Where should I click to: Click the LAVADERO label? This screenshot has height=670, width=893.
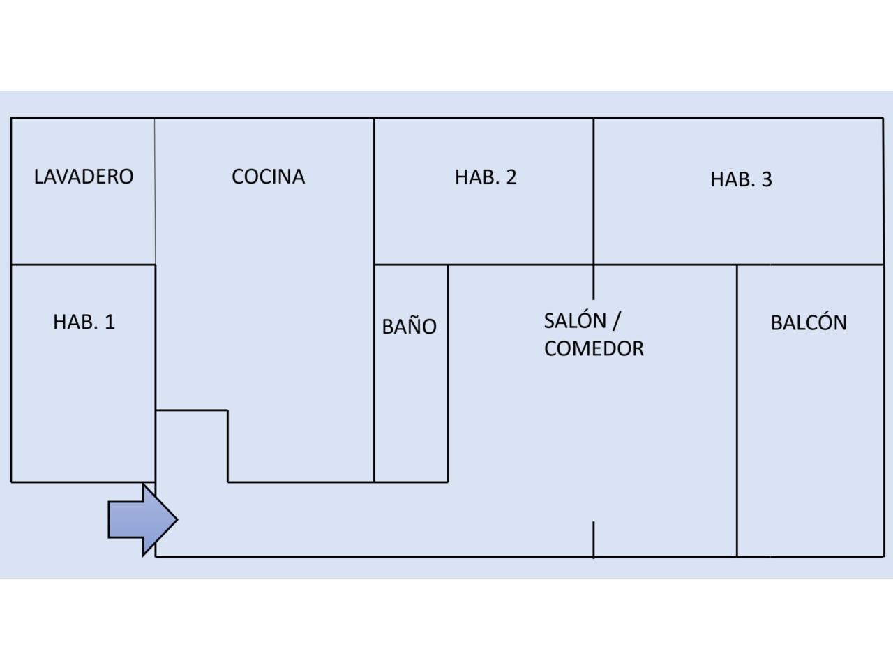click(84, 176)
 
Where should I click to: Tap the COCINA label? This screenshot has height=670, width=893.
click(268, 177)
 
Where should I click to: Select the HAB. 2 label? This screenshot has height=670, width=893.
click(486, 177)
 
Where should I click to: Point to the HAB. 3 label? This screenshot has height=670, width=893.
click(741, 179)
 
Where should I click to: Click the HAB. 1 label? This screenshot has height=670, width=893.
click(84, 322)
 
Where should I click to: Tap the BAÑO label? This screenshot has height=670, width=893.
click(410, 326)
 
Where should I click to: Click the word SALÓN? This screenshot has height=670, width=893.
click(575, 321)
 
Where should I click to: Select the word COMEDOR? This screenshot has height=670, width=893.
click(594, 348)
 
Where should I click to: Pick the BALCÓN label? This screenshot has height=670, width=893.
click(809, 322)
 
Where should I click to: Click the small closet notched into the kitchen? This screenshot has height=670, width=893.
click(192, 445)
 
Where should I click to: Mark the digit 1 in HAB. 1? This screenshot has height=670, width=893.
click(110, 322)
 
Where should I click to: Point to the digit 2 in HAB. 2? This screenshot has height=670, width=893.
click(511, 177)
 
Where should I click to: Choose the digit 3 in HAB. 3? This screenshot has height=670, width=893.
click(767, 180)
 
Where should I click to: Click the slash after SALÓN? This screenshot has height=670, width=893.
click(616, 321)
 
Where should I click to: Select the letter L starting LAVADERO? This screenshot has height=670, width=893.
click(38, 176)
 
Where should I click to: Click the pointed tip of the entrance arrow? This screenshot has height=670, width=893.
click(176, 520)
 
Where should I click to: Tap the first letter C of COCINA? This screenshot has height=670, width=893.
click(238, 177)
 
